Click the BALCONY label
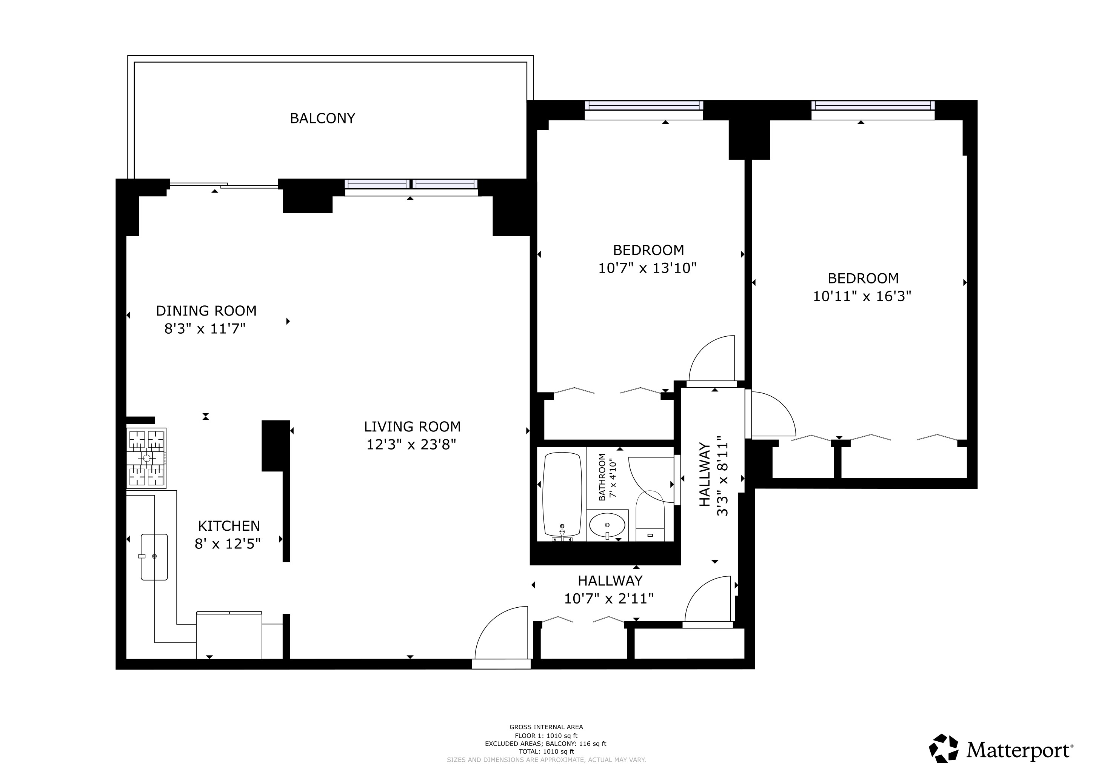(322, 118)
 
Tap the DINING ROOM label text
(206, 311)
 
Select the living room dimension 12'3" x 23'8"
(411, 445)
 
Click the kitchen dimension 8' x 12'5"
(228, 544)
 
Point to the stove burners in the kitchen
(146, 458)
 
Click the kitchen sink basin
(154, 556)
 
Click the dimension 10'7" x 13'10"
(647, 268)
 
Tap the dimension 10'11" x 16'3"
(862, 296)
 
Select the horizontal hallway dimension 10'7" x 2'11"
(608, 598)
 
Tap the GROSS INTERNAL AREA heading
(546, 727)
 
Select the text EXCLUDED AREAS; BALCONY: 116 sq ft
(545, 744)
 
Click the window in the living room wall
(411, 184)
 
